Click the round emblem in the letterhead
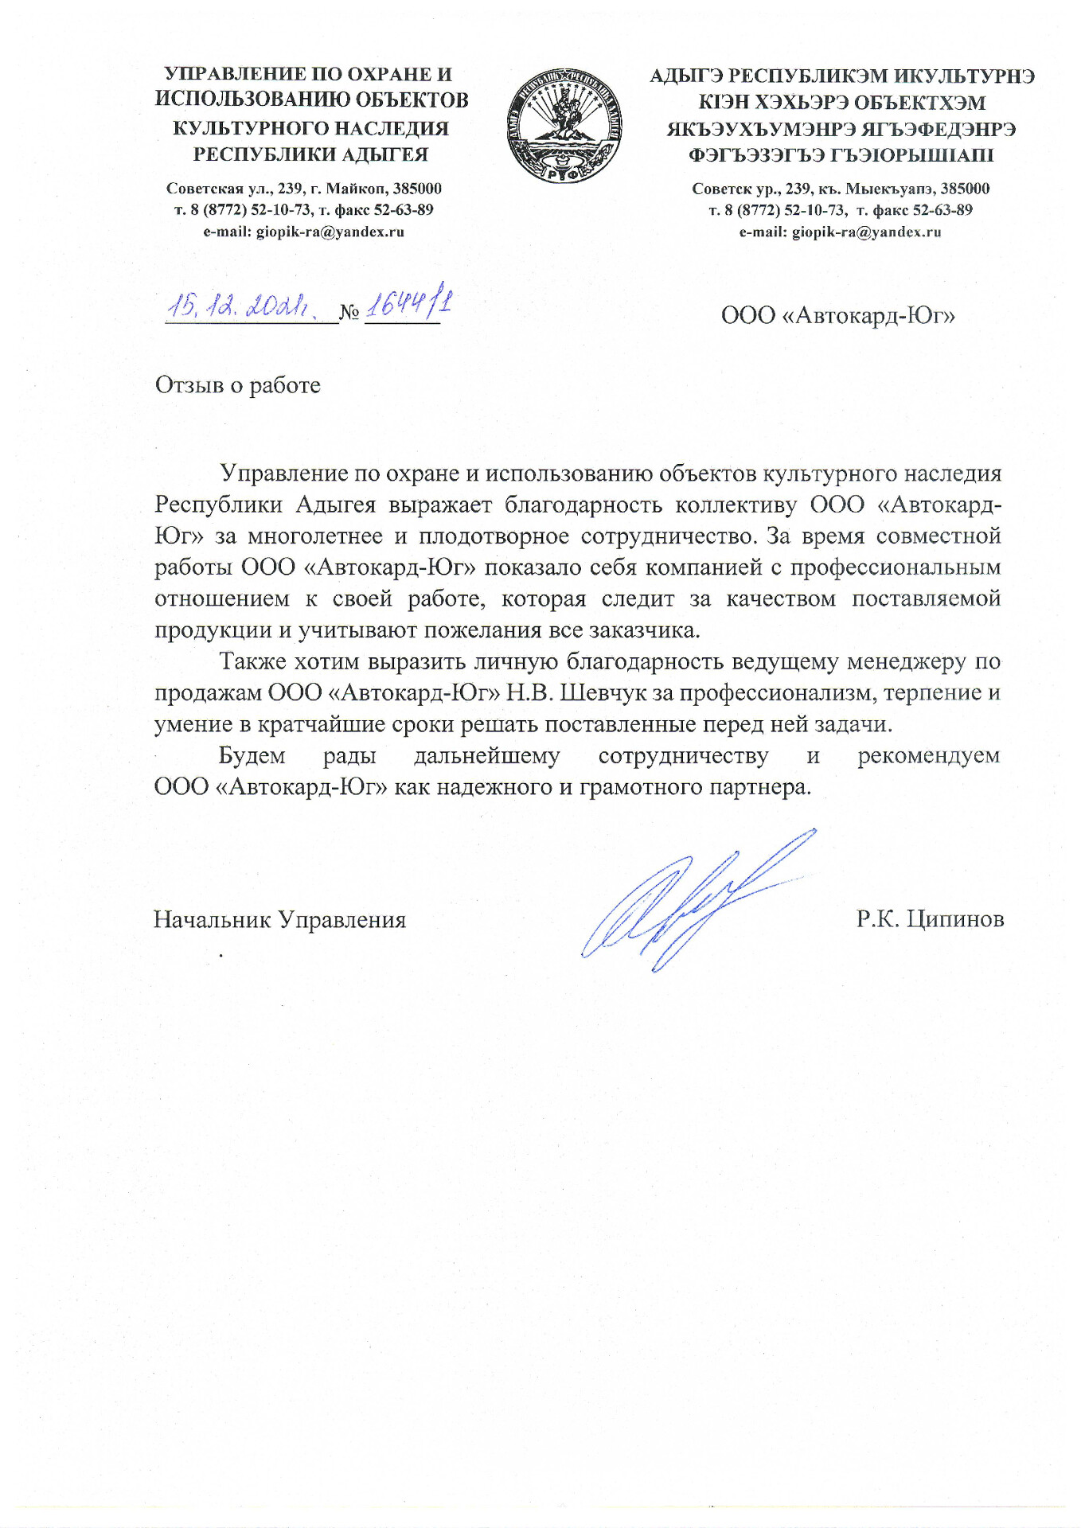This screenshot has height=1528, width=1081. coord(564,125)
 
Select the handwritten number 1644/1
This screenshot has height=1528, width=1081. coord(408,305)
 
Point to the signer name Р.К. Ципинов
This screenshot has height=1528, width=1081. coord(930,919)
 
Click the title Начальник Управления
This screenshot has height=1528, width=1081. coord(279,920)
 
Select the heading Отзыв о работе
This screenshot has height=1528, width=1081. coord(237,385)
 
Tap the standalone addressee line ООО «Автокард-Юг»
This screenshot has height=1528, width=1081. coord(837,316)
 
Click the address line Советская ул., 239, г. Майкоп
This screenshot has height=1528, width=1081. coord(303,189)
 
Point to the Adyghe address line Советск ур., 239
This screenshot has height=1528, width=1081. coord(841,189)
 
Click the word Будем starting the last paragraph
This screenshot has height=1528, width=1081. coord(252,755)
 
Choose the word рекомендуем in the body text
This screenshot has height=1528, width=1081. coord(928,755)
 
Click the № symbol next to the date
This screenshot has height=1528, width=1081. coord(349,313)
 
